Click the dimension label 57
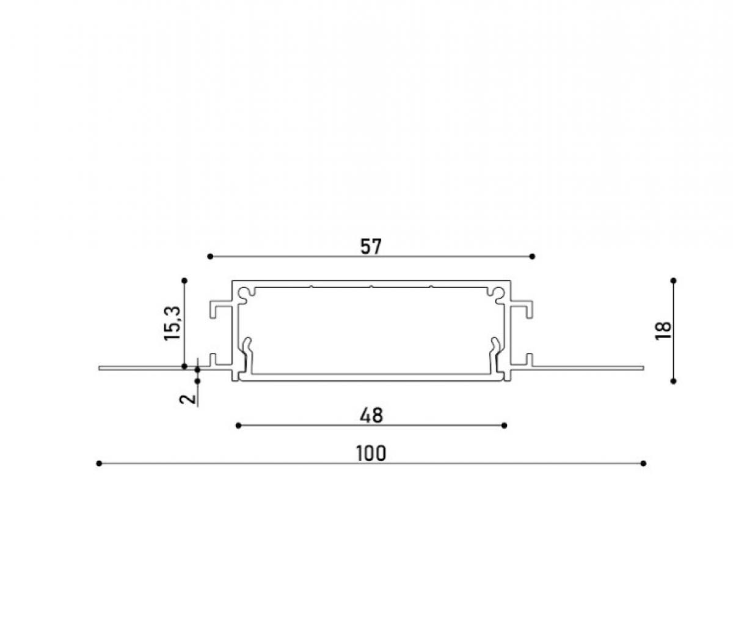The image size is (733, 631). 371,246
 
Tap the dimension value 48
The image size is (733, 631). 371,416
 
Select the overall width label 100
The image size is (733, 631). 371,454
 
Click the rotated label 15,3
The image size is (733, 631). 172,323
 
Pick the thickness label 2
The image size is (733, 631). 188,399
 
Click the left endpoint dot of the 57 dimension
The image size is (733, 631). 210,256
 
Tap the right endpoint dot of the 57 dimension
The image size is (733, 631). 532,256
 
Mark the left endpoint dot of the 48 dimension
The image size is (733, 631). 238,426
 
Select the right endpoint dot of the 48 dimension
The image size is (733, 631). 505,426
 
